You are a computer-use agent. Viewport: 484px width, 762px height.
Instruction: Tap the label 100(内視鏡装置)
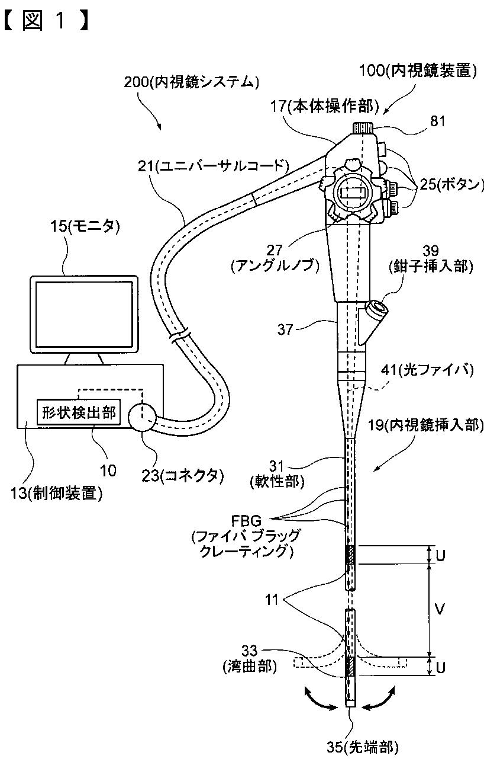pos(418,72)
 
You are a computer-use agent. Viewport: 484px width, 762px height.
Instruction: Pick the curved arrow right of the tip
pos(380,703)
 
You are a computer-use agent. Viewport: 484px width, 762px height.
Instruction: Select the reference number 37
pos(286,329)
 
